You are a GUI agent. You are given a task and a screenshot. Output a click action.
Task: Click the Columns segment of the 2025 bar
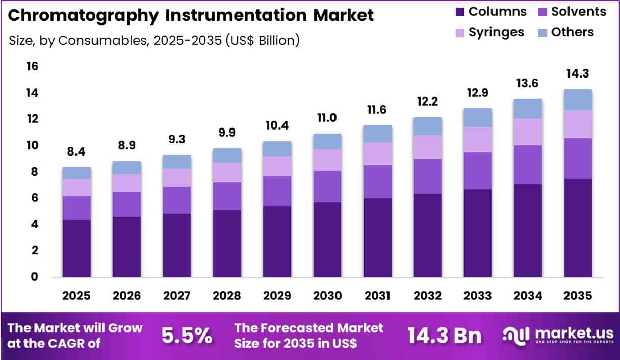pyautogui.click(x=76, y=248)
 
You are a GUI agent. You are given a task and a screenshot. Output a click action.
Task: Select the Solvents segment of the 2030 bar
pyautogui.click(x=327, y=187)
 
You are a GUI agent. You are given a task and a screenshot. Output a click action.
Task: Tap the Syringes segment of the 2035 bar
pyautogui.click(x=578, y=124)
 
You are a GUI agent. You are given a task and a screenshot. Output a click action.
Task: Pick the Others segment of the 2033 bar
pyautogui.click(x=478, y=117)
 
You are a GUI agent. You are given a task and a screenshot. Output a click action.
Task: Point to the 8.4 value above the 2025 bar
pyautogui.click(x=76, y=151)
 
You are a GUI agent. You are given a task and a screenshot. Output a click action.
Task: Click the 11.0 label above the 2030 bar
pyautogui.click(x=327, y=118)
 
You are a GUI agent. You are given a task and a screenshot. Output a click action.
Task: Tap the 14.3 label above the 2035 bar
pyautogui.click(x=578, y=73)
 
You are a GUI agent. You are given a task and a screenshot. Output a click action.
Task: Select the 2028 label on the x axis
pyautogui.click(x=227, y=296)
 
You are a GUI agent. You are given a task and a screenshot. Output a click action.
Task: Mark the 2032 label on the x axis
pyautogui.click(x=427, y=296)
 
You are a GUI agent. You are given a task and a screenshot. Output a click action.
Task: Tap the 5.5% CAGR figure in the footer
pyautogui.click(x=187, y=336)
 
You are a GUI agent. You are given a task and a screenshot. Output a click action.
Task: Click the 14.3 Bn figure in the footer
pyautogui.click(x=444, y=336)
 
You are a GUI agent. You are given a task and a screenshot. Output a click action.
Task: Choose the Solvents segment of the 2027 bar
pyautogui.click(x=177, y=200)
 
